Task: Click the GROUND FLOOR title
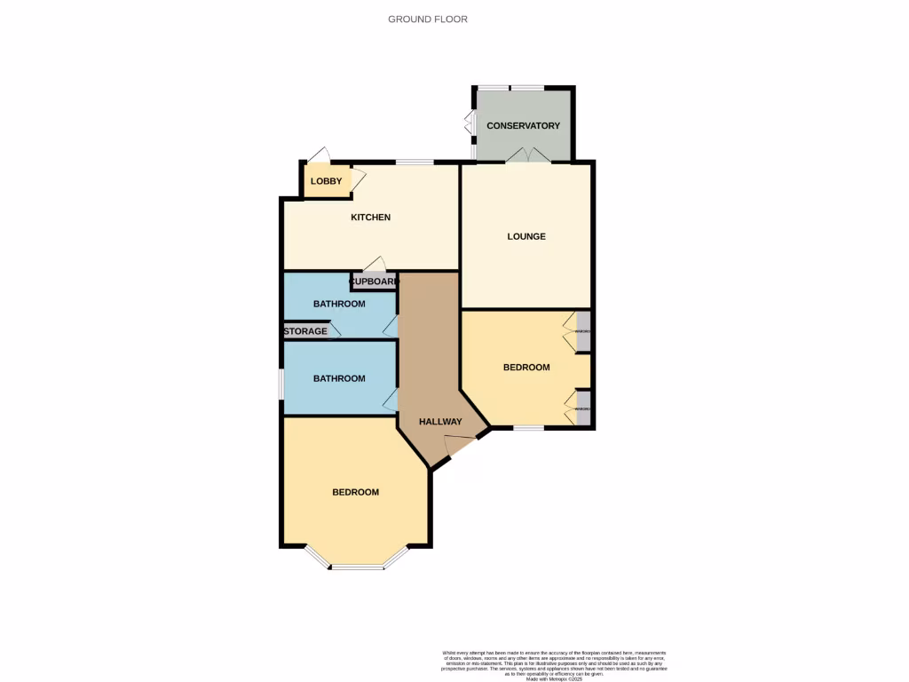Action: click(x=427, y=19)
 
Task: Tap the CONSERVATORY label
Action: click(x=523, y=126)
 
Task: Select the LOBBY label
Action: click(x=326, y=181)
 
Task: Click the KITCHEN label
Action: click(x=370, y=218)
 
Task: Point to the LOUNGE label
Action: click(x=526, y=236)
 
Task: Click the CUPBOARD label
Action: click(x=373, y=282)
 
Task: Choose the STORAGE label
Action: click(x=305, y=331)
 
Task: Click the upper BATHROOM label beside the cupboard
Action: click(x=339, y=304)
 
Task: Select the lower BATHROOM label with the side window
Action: click(x=339, y=378)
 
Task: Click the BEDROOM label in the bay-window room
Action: click(x=355, y=492)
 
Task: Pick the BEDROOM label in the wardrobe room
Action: click(x=526, y=367)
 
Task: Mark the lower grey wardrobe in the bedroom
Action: click(x=583, y=408)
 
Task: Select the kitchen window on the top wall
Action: click(x=415, y=163)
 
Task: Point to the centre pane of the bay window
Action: click(x=359, y=567)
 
